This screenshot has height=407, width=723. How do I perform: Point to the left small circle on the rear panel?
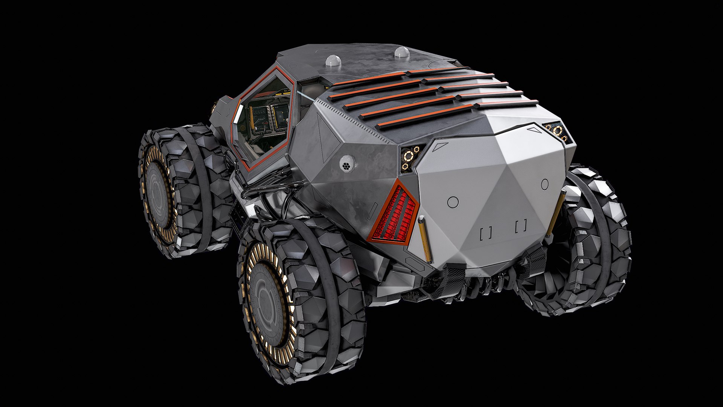453,202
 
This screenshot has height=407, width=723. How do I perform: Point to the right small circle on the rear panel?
545,184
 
